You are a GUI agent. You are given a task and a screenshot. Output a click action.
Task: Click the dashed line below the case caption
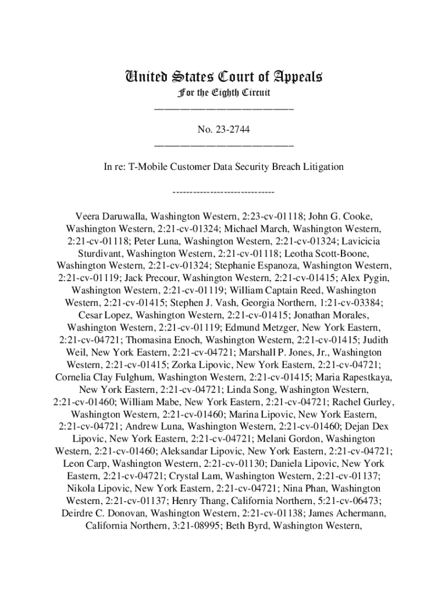[224, 191]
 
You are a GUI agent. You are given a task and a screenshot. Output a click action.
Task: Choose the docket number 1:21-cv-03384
[351, 303]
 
